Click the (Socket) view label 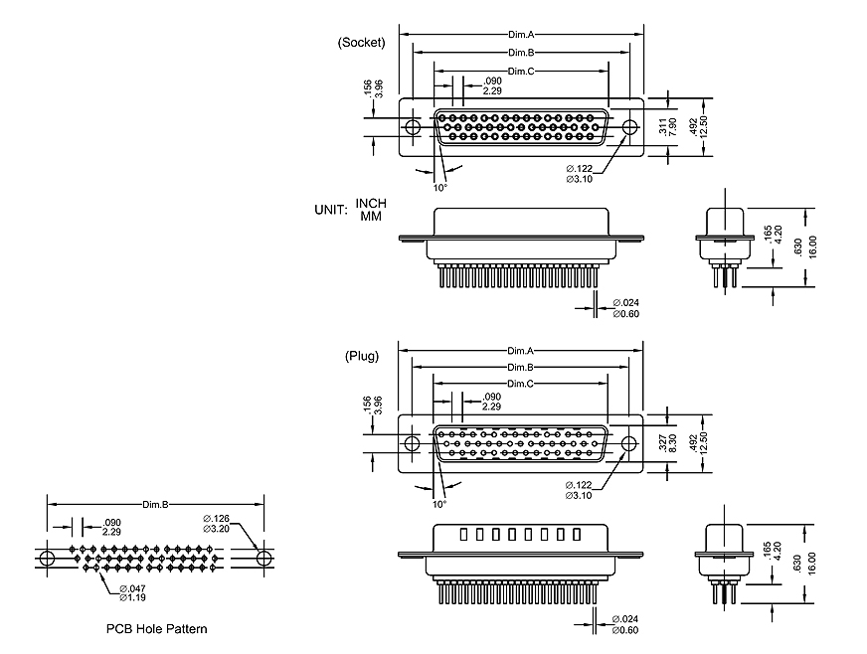pos(361,42)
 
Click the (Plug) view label pos(362,356)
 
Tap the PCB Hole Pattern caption pos(157,629)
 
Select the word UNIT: pos(331,210)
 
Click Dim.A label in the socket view pos(521,35)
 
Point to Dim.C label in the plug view pos(521,384)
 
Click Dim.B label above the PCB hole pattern pos(156,505)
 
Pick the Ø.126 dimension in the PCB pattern pos(217,517)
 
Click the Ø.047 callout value pos(132,588)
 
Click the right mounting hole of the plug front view pos(628,443)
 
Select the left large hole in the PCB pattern pos(48,560)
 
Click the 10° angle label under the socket pos(440,187)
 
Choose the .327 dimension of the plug pos(662,441)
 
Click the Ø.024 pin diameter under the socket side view pos(625,302)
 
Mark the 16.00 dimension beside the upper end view pos(812,245)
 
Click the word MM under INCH pos(371,216)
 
